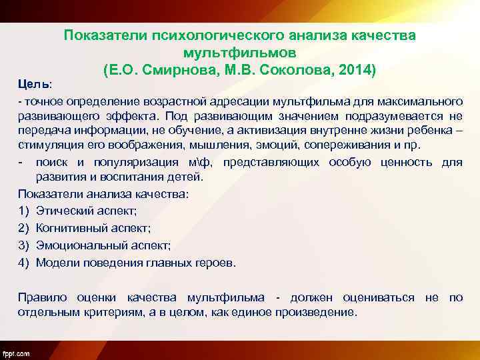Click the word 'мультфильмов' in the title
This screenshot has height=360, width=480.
click(x=239, y=51)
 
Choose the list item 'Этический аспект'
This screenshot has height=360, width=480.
click(x=87, y=211)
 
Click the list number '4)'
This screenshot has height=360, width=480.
click(x=23, y=263)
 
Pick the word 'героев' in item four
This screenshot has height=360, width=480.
click(x=215, y=263)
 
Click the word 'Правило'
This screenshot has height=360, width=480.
click(x=41, y=297)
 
